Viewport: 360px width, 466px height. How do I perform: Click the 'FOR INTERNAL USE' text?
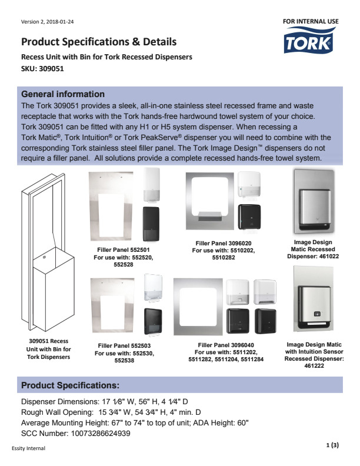pos(311,21)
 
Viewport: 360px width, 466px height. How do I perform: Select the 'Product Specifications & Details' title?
pos(98,42)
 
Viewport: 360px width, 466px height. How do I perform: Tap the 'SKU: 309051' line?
pos(42,68)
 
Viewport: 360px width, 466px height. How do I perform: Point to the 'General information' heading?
pos(63,94)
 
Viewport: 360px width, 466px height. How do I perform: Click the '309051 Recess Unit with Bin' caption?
pos(49,348)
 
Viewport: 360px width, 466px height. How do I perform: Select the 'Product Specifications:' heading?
pos(71,385)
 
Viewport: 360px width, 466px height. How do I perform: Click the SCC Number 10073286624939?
pos(75,433)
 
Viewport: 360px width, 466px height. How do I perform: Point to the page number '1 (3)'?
pos(332,445)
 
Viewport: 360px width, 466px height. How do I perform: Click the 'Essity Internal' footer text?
pos(28,448)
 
